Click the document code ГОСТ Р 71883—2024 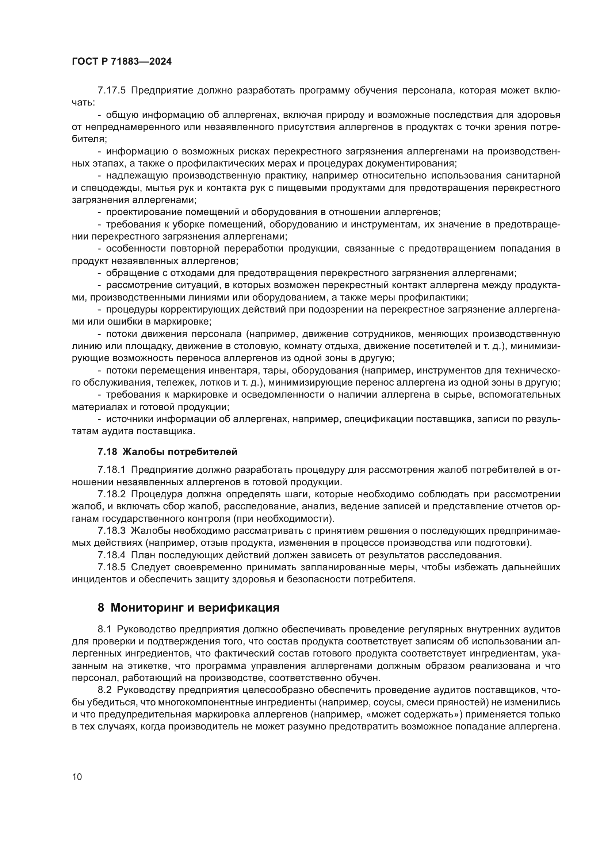tap(122, 62)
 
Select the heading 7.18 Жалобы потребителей tap(167, 452)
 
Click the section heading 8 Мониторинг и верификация tap(188, 608)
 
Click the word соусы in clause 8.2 tap(388, 702)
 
